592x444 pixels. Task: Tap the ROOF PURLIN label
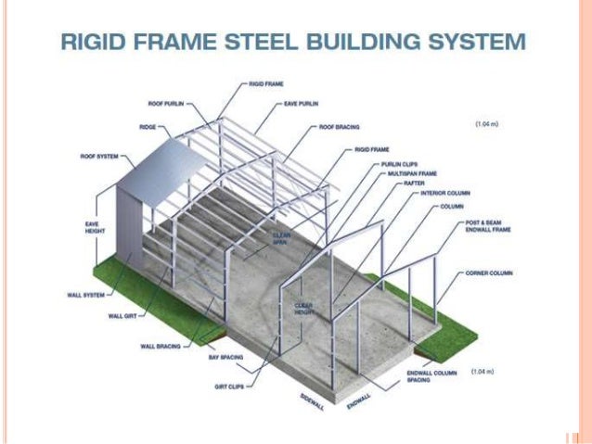click(x=164, y=103)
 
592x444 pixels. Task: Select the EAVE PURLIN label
click(x=301, y=104)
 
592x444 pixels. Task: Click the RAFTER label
click(x=414, y=183)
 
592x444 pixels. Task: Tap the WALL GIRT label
click(x=123, y=316)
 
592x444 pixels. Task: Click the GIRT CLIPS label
click(x=228, y=387)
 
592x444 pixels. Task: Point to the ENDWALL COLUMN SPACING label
click(x=428, y=375)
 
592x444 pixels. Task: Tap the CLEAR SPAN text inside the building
click(x=281, y=238)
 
